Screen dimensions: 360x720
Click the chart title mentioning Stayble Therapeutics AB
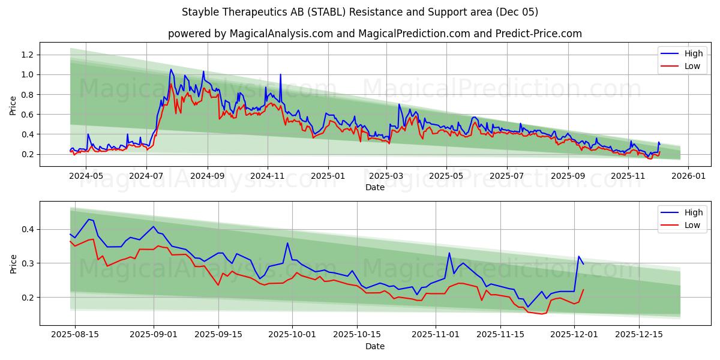(x=359, y=12)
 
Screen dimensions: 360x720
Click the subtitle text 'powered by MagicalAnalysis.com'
(x=250, y=34)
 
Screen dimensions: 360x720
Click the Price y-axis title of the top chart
(x=13, y=105)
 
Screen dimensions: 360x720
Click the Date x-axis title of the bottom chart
(x=375, y=346)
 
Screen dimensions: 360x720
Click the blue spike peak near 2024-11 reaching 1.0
(x=280, y=74)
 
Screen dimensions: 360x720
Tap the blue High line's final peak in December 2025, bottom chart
(x=579, y=257)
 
